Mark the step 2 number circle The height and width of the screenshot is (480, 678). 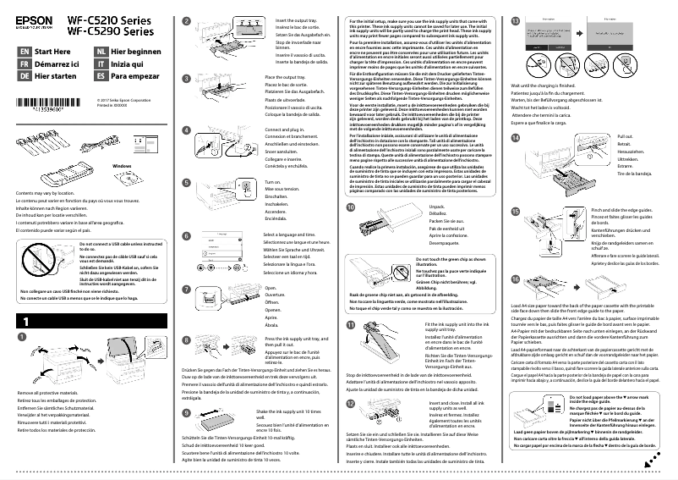click(x=187, y=19)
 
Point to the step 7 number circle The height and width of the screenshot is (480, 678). click(x=187, y=290)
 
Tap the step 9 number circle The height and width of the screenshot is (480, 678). click(x=187, y=411)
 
